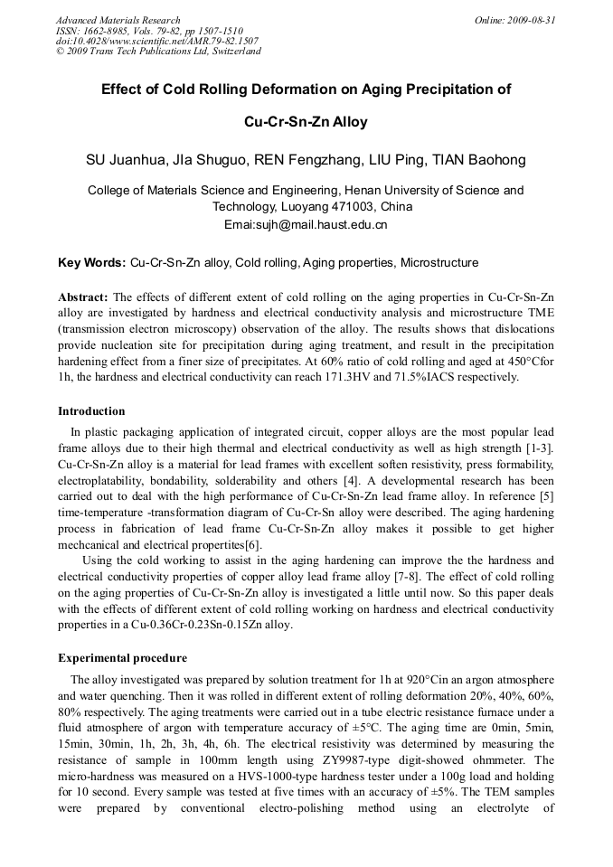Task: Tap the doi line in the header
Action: (156, 41)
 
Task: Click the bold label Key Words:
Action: (91, 263)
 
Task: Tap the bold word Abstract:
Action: (83, 297)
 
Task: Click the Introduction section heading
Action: (91, 411)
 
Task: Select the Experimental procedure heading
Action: (122, 657)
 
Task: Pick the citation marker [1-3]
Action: (538, 448)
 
